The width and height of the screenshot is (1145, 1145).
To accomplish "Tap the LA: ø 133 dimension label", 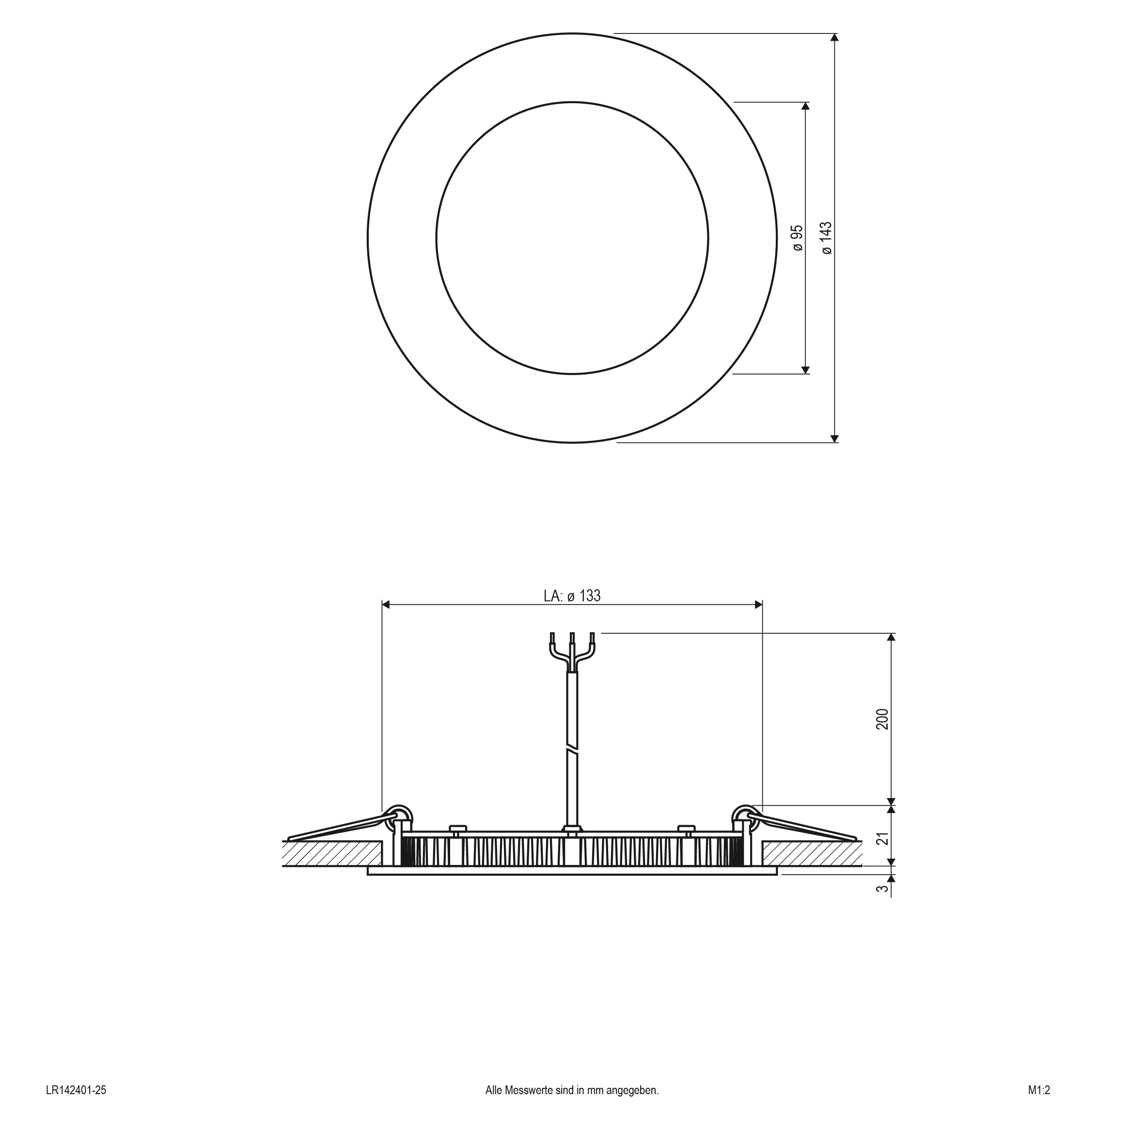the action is (572, 596).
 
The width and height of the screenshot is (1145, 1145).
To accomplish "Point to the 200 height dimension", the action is (883, 719).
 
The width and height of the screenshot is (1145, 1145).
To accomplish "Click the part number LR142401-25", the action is (76, 1106).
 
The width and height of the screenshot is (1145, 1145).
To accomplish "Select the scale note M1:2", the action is (1039, 1106).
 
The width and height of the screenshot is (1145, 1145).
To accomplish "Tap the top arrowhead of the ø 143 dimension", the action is (834, 38).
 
